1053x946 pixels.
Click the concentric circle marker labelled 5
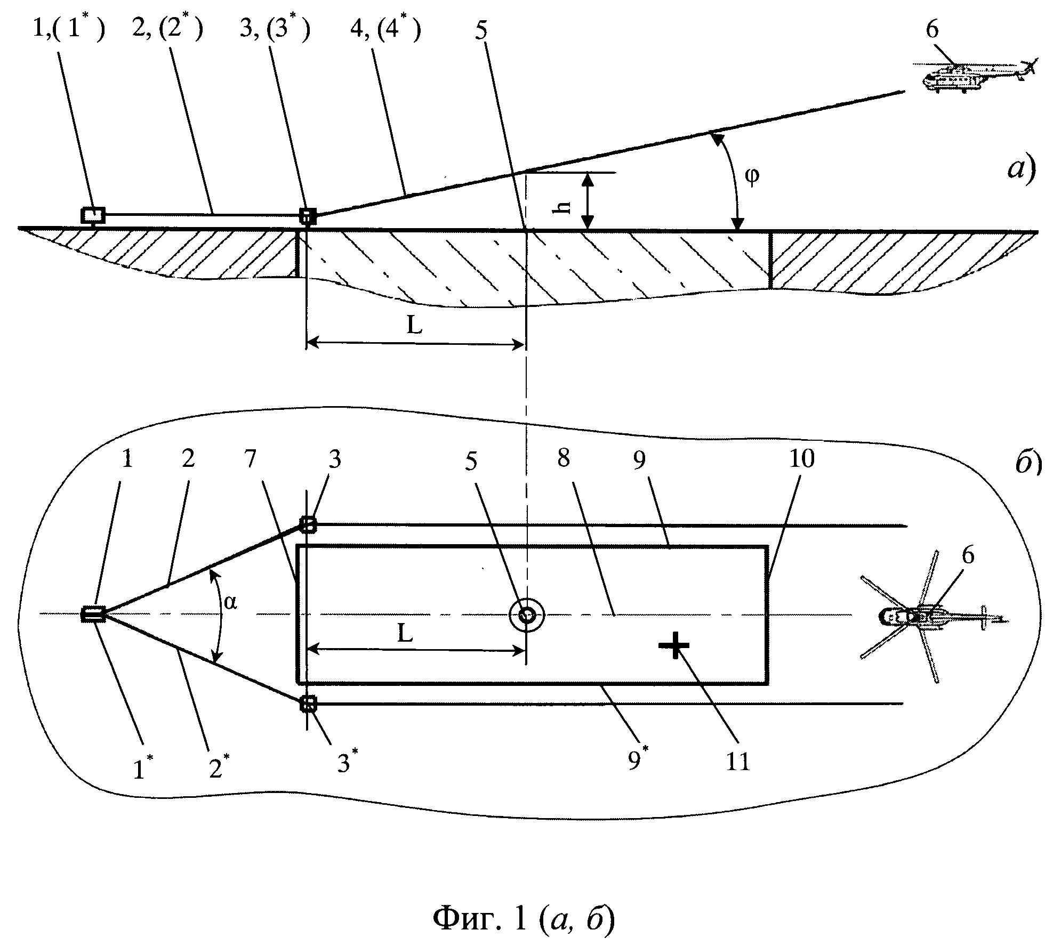tap(527, 615)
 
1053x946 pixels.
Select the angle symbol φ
tap(752, 176)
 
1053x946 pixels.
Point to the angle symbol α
tap(230, 603)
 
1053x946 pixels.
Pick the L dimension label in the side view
tap(415, 325)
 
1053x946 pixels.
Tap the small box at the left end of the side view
tap(93, 215)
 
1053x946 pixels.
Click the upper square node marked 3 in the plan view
tap(308, 524)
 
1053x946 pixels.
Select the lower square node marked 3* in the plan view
tap(308, 705)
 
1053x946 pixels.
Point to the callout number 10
tap(802, 459)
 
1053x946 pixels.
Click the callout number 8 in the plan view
tap(564, 458)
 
